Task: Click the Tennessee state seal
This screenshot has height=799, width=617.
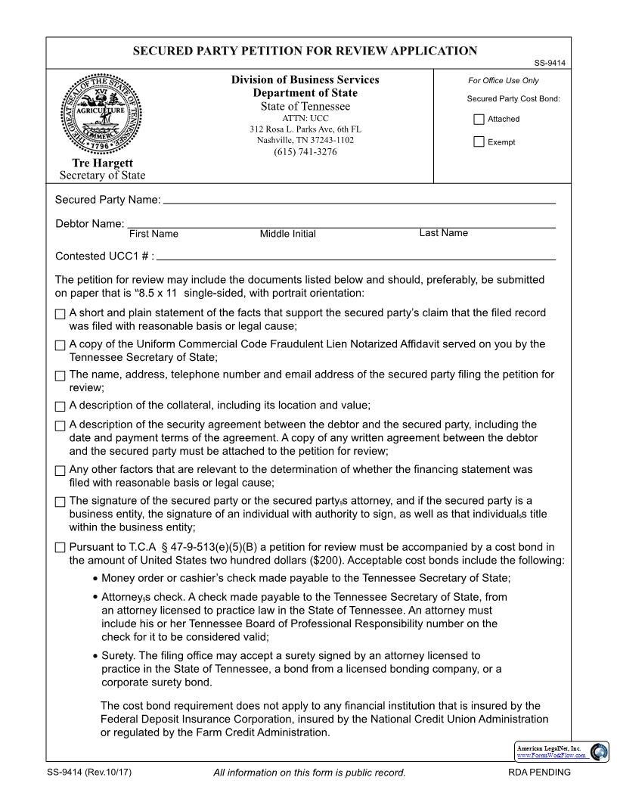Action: coord(101,114)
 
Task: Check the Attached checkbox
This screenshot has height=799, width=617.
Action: coord(479,120)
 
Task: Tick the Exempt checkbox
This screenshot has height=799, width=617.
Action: coord(479,142)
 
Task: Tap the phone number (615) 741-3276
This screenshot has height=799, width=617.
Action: coord(305,152)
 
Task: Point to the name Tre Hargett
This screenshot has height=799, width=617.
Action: coord(102,163)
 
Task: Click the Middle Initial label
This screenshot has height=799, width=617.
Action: coord(288,234)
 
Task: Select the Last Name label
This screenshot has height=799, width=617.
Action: coord(443,233)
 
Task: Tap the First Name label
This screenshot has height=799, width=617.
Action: coord(153,234)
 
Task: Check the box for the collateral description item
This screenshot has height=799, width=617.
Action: coord(60,406)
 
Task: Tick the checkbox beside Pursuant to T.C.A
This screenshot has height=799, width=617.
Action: coord(60,548)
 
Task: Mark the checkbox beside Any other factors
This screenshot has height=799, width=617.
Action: coord(60,471)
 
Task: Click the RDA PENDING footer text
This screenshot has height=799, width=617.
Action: coord(540,773)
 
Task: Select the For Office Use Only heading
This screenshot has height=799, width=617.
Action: coord(504,81)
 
